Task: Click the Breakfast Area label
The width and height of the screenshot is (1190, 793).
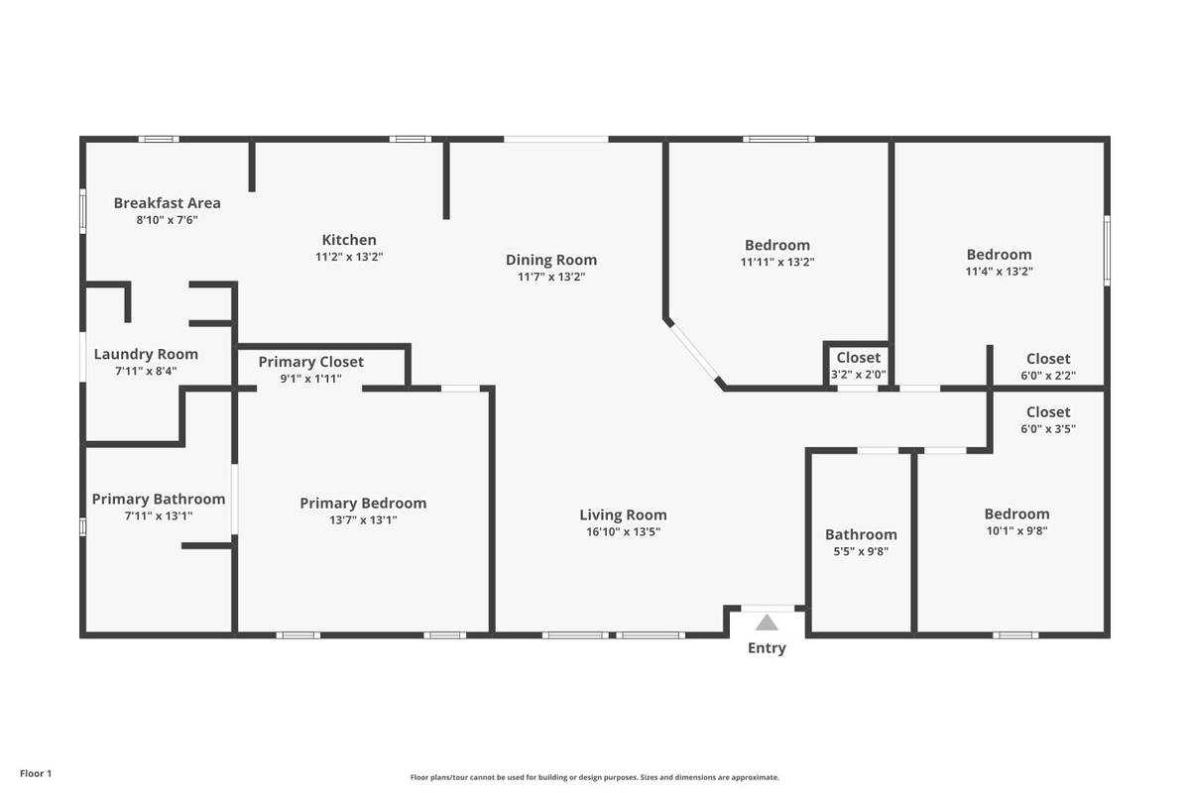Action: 167,203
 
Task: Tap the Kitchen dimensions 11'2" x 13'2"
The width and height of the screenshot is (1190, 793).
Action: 349,257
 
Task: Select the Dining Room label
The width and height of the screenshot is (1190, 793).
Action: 551,260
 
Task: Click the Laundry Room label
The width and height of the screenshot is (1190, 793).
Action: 146,354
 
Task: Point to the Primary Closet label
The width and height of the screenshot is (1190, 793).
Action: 310,362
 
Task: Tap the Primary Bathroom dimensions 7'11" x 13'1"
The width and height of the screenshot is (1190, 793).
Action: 159,516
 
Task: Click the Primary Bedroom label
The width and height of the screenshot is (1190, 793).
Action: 363,503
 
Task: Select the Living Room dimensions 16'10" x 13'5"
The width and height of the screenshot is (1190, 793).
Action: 623,531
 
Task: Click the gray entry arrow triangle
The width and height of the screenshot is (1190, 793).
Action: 767,623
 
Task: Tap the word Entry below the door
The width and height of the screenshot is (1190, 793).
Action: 767,648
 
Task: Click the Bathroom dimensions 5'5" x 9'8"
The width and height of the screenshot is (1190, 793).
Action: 861,551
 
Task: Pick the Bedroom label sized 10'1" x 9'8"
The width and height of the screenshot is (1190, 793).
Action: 1016,513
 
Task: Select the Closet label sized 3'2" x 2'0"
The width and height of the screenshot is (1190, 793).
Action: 859,358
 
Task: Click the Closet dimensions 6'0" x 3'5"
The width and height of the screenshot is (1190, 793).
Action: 1048,428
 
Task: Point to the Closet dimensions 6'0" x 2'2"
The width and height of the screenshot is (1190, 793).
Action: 1048,376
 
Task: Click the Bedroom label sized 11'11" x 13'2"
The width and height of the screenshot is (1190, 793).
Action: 777,245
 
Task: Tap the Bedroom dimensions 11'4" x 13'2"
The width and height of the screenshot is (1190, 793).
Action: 1000,272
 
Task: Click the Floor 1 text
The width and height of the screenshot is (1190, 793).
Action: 36,773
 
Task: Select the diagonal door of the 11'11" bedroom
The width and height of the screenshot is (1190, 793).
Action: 694,352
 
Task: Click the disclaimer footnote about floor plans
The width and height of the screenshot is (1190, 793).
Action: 594,777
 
